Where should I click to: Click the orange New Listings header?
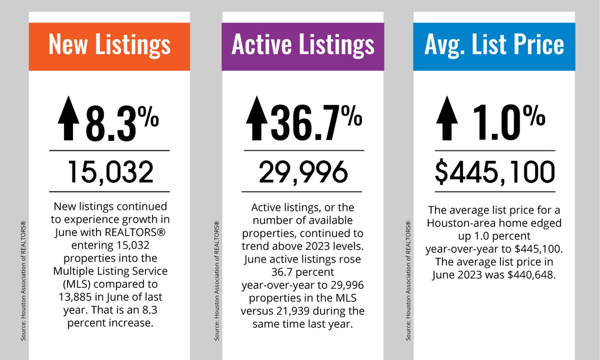click(109, 47)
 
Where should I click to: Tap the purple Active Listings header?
click(303, 47)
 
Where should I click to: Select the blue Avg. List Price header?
click(494, 47)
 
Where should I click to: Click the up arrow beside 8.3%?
click(68, 118)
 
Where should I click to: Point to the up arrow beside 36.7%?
click(257, 118)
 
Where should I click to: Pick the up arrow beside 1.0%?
click(447, 118)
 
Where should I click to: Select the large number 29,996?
click(303, 172)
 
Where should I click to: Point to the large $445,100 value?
click(494, 172)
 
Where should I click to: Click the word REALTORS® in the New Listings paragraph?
click(135, 232)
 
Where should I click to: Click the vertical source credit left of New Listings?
click(23, 281)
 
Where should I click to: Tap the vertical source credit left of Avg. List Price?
click(408, 281)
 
